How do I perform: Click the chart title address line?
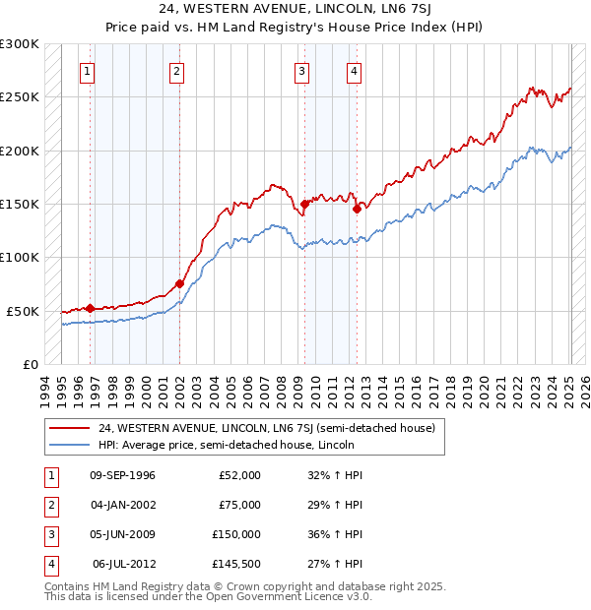click(x=295, y=9)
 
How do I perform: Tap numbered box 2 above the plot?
click(x=175, y=71)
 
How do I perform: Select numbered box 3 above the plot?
click(x=300, y=71)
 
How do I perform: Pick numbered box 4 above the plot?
click(x=353, y=71)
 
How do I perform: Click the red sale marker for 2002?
click(x=179, y=283)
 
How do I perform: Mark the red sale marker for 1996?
click(x=90, y=308)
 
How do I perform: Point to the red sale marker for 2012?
click(x=357, y=209)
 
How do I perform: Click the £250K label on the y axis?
click(x=20, y=97)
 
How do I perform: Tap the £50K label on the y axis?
click(x=24, y=311)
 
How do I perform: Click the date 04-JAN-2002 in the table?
click(x=122, y=505)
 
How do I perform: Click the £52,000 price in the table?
click(x=239, y=475)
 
